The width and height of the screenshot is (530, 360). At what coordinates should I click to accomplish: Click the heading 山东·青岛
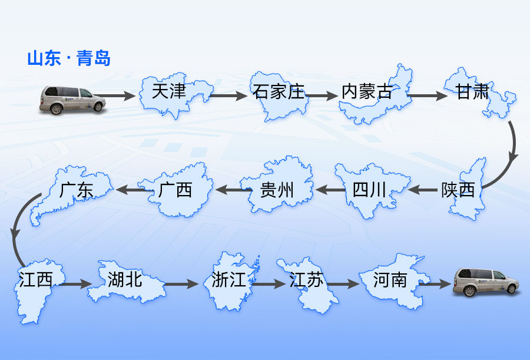(x=69, y=59)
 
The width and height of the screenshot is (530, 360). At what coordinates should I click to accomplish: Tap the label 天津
(x=168, y=91)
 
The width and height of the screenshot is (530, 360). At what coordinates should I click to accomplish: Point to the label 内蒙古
(x=367, y=92)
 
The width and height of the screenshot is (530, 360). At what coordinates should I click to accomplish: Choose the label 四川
(x=369, y=190)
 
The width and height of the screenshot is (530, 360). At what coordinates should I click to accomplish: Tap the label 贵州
(x=277, y=190)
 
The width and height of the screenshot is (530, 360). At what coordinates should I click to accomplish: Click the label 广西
(x=175, y=190)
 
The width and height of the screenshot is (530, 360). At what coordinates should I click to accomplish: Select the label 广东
(x=77, y=190)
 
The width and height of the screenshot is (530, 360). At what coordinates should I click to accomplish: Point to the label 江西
(x=35, y=279)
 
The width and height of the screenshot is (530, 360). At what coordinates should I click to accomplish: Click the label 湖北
(x=125, y=279)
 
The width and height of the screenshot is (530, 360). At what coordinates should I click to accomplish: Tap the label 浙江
(x=229, y=279)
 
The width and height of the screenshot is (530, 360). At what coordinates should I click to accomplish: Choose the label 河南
(x=390, y=279)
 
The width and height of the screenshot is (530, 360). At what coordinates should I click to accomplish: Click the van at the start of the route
(x=72, y=99)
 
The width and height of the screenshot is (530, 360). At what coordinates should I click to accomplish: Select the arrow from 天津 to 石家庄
(x=228, y=95)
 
